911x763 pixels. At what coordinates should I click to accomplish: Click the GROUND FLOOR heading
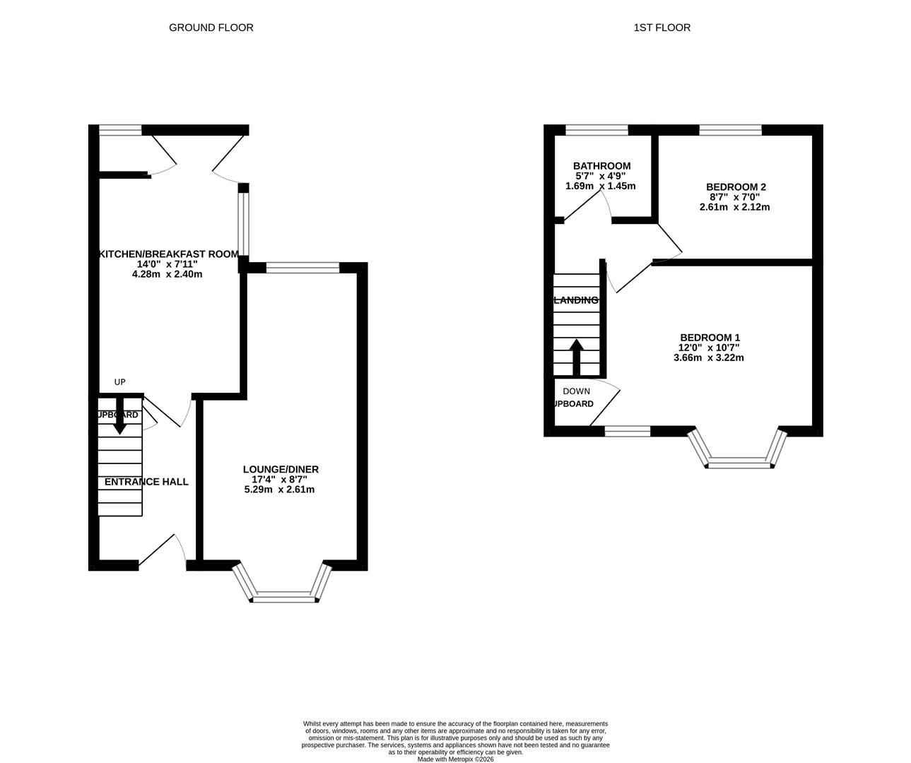tap(211, 28)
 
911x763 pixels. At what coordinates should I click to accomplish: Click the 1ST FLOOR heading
tap(662, 28)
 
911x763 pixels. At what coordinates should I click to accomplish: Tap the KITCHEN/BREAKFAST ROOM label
tap(167, 254)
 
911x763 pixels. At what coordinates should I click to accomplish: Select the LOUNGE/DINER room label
tap(281, 469)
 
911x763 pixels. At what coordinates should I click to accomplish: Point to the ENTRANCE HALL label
tap(146, 482)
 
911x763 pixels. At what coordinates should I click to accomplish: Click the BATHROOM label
tap(601, 166)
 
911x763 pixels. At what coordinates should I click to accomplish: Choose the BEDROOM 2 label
tap(736, 187)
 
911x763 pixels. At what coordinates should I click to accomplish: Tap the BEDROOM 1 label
tap(710, 338)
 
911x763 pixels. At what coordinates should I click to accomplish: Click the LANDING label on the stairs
tap(575, 300)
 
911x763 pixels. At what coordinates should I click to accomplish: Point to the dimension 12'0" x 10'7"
tap(710, 348)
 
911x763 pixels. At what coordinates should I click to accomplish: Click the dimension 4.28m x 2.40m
tap(167, 274)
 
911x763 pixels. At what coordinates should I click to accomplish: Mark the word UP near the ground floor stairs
tap(119, 382)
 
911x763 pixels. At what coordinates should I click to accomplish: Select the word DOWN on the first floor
tap(576, 391)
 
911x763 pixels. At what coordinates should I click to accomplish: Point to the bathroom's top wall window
tap(596, 130)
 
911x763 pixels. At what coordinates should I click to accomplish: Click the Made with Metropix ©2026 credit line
tap(455, 759)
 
